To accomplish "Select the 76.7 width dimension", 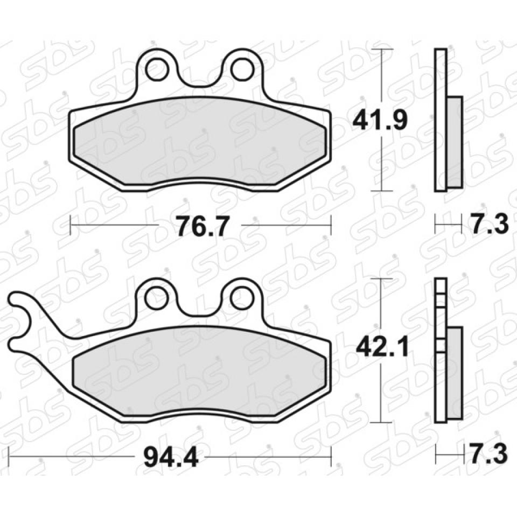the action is [201, 226].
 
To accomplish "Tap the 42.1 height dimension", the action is [382, 348].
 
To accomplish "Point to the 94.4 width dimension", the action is [171, 457].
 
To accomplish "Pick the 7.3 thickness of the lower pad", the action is [488, 455].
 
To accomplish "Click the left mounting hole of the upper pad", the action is [156, 69].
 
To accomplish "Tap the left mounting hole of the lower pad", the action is [155, 299].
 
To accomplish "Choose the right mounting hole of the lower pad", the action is [242, 299].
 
